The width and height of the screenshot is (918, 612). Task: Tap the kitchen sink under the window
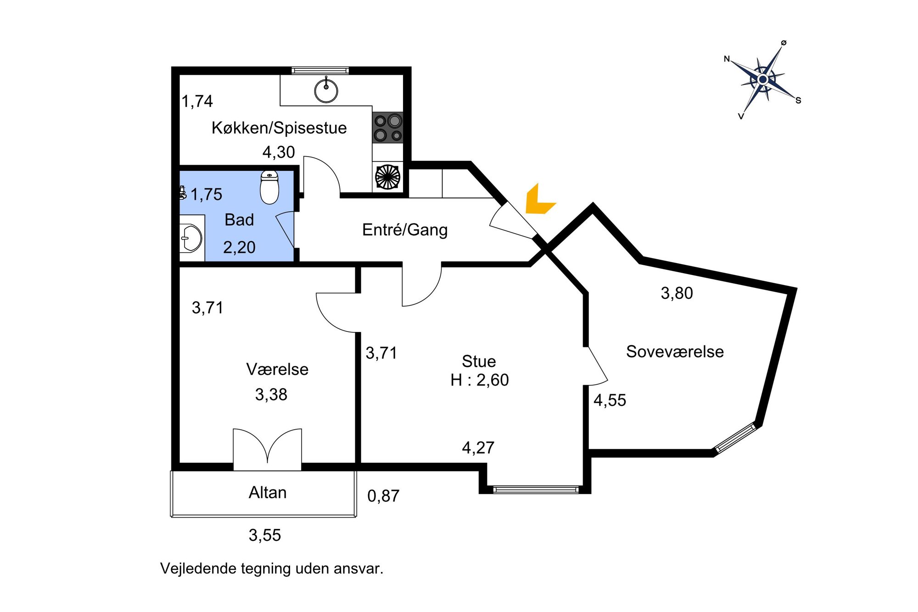click(x=326, y=90)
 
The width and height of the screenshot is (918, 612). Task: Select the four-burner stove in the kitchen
click(x=388, y=128)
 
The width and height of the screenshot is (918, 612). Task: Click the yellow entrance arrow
click(x=538, y=201)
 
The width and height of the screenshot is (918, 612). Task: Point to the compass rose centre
click(x=763, y=79)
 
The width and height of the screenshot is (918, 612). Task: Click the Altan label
click(x=268, y=493)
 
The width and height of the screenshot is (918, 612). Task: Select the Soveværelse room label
click(x=675, y=352)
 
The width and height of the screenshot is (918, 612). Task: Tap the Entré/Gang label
click(x=405, y=230)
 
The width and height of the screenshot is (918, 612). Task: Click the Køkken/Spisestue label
click(x=279, y=128)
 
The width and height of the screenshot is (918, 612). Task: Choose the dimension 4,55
click(x=610, y=400)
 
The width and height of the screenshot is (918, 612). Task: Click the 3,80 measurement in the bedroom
click(x=677, y=293)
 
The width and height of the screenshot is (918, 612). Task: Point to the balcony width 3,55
click(x=265, y=535)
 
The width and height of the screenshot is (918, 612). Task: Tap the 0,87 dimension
click(x=383, y=496)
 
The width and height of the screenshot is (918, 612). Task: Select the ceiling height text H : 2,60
click(x=480, y=380)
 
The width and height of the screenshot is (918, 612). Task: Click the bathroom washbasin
click(x=191, y=238)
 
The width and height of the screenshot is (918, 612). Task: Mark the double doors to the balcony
click(x=267, y=448)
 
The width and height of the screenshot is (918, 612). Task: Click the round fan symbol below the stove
click(x=388, y=177)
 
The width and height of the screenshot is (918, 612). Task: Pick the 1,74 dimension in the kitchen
click(x=197, y=101)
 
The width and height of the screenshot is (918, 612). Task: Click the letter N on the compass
click(x=727, y=59)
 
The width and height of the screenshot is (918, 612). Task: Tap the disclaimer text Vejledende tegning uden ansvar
click(x=272, y=568)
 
